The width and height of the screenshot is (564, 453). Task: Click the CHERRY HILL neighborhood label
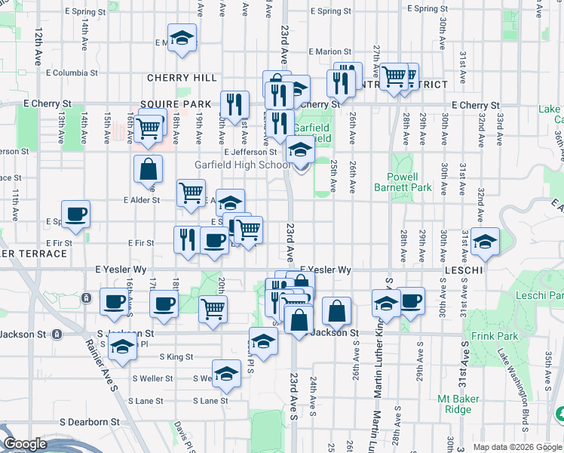point(182,78)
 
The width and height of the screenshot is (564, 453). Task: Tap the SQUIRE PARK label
point(176,104)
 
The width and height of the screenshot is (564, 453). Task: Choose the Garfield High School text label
point(242,165)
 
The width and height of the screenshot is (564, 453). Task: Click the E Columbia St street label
point(78,73)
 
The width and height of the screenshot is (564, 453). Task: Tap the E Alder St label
point(142,200)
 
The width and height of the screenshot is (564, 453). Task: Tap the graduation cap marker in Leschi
point(485,242)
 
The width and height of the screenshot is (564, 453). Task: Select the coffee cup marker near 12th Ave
point(75,214)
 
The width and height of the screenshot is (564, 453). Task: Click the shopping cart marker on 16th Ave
point(150,126)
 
